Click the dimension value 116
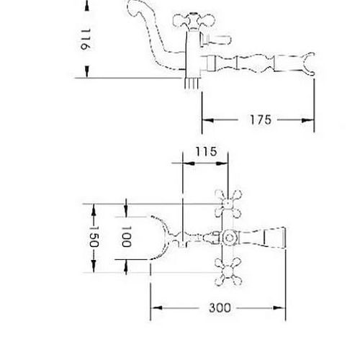(x=86, y=40)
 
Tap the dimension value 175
(x=261, y=120)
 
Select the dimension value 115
(x=206, y=151)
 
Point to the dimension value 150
(x=94, y=236)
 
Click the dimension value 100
(x=126, y=236)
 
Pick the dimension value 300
(x=220, y=307)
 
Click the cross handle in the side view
(x=193, y=21)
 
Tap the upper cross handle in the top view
(x=228, y=204)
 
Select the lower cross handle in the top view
(x=228, y=272)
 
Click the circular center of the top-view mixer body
(x=230, y=238)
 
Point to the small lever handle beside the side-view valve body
(x=215, y=40)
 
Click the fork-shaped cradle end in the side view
(x=309, y=63)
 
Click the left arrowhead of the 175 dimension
(x=208, y=120)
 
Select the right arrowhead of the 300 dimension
(x=279, y=308)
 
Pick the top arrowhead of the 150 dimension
(x=94, y=210)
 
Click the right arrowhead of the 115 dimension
(x=222, y=163)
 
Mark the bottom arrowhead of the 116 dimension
(x=87, y=71)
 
